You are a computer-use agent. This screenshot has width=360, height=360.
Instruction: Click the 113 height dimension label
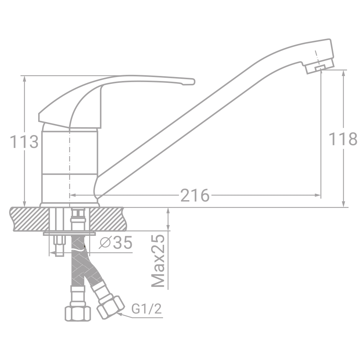(24, 142)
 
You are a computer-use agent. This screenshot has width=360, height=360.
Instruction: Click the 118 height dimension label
(343, 139)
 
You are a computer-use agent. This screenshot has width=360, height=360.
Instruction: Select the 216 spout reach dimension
(195, 195)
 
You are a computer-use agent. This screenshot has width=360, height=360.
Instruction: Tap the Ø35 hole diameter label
(116, 242)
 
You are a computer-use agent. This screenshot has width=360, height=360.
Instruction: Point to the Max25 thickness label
(158, 261)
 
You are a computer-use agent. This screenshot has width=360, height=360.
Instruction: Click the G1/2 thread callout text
(147, 309)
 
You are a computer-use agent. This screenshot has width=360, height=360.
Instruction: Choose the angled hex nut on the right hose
(111, 308)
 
